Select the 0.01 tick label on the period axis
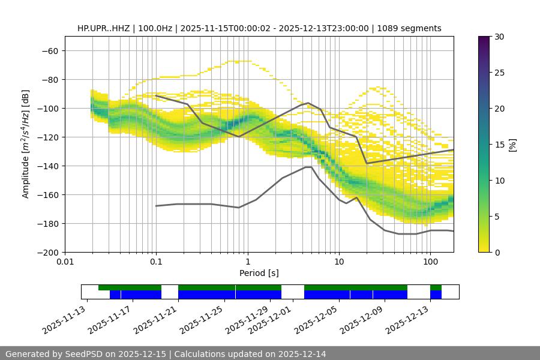coord(65,262)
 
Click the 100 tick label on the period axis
coord(430,262)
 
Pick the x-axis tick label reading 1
coord(247,262)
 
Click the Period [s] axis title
coord(259,273)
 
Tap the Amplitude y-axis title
coord(26,144)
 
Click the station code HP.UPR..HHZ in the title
coord(106,28)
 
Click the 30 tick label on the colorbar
coord(499,37)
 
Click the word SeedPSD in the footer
coord(83,354)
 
